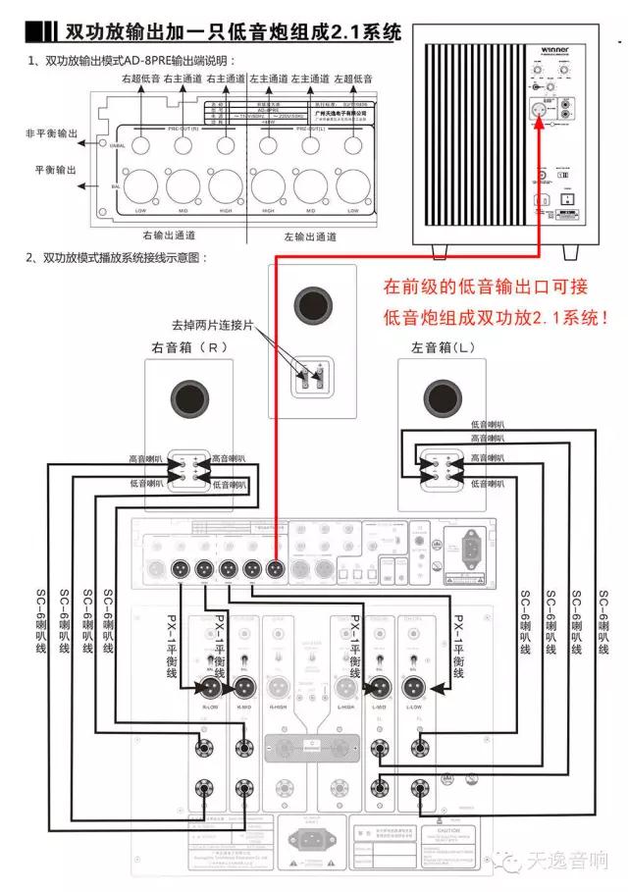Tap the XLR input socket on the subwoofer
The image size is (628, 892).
click(538, 112)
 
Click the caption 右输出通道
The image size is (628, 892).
click(168, 235)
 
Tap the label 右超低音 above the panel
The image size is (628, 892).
click(140, 78)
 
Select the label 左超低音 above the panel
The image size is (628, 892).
click(353, 78)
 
